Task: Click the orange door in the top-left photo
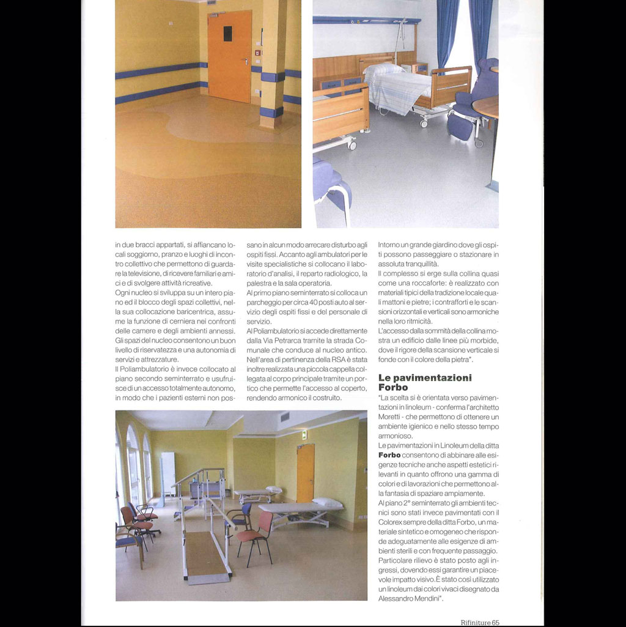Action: pos(229,56)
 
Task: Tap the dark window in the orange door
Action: pos(227,33)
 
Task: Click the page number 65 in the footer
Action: pos(495,622)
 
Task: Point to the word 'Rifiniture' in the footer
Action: pos(475,622)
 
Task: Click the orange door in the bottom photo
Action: pos(306,472)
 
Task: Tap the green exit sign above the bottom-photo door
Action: pos(304,435)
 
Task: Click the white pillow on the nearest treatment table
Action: pos(328,502)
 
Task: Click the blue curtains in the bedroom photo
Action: pos(464,31)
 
